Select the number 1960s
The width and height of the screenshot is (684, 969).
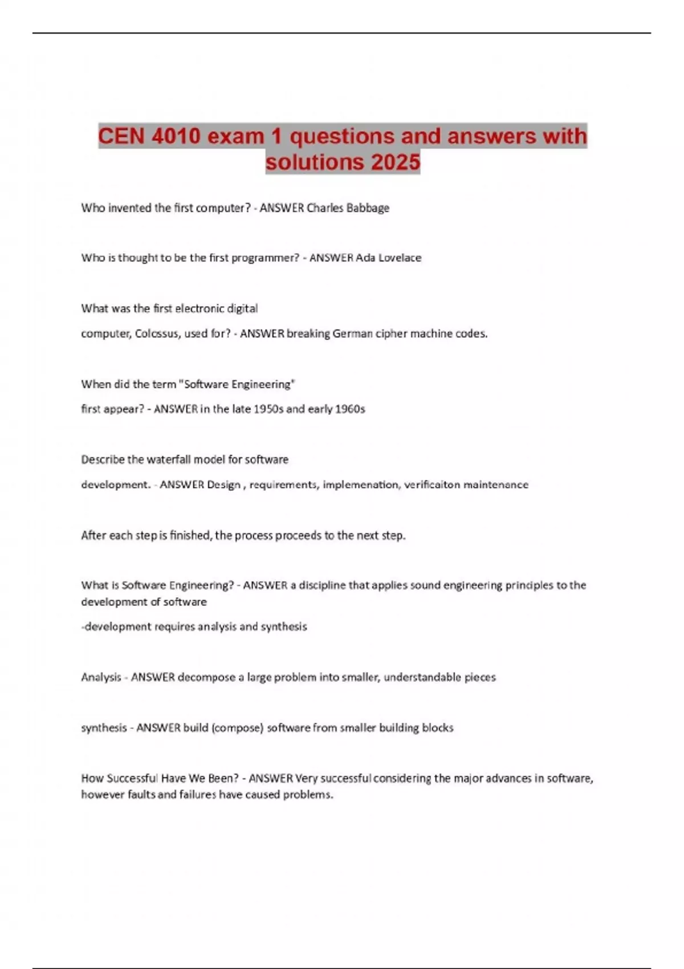350,409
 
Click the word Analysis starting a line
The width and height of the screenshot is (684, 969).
101,677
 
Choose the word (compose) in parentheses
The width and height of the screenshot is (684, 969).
237,728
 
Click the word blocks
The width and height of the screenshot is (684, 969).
438,728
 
